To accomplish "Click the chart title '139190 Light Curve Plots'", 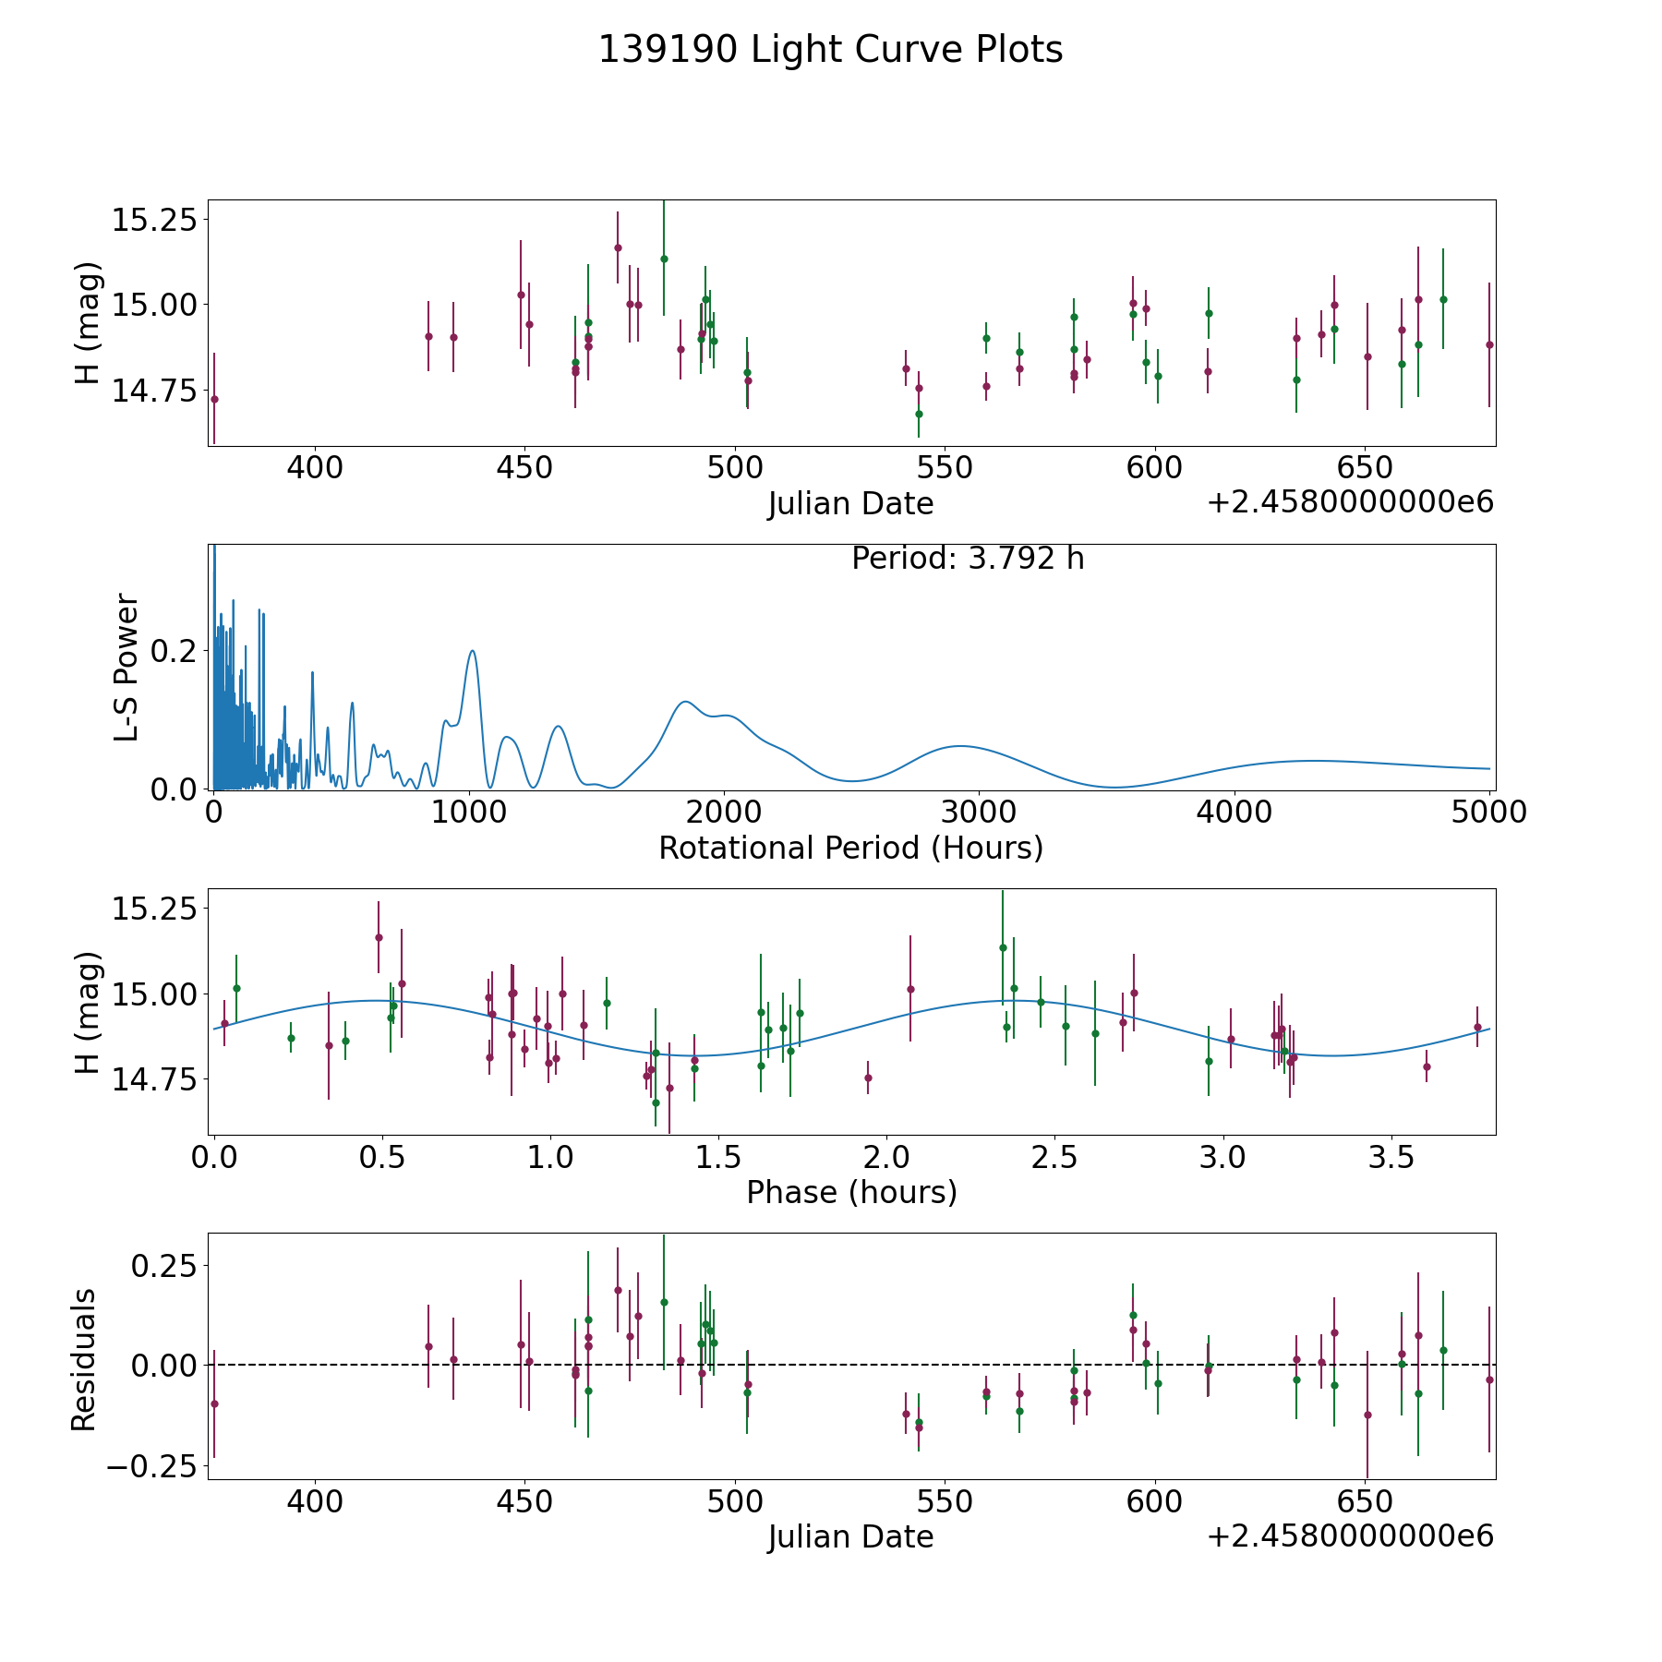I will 830,50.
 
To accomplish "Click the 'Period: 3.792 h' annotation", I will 968,559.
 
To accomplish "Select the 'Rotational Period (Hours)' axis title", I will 850,848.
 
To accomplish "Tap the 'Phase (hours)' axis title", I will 851,1192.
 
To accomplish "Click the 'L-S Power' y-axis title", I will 127,667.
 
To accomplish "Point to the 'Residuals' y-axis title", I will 84,1359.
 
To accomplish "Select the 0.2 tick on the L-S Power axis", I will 174,651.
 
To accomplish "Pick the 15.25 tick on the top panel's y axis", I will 154,221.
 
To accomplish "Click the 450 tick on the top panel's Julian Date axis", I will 524,467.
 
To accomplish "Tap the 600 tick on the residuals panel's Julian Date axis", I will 1154,1501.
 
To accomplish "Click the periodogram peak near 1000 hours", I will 473,651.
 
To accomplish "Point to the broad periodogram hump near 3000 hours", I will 960,746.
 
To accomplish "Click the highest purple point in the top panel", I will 618,247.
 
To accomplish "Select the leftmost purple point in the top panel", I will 214,399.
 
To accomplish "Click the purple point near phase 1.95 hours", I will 868,1078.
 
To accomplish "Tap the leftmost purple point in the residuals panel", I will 214,1403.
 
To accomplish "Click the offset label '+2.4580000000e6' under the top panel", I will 1350,502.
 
